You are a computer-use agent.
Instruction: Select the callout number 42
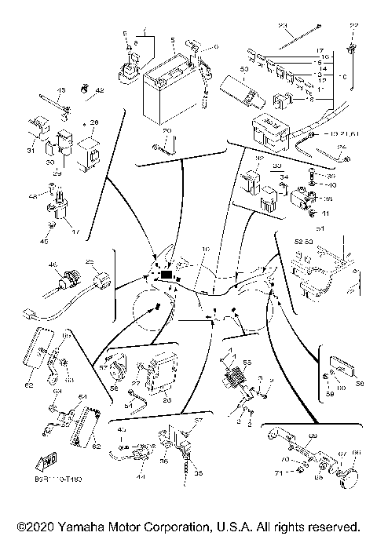point(100,91)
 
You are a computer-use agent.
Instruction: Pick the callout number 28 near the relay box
point(93,122)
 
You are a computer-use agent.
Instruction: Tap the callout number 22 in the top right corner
point(353,27)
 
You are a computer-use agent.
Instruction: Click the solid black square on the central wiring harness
point(167,275)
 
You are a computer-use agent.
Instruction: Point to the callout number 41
point(326,213)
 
